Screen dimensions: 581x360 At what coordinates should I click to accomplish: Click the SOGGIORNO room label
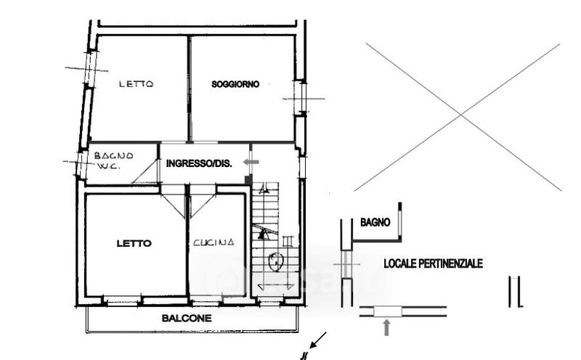coord(235,84)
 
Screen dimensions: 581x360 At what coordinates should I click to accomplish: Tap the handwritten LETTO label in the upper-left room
coord(136,84)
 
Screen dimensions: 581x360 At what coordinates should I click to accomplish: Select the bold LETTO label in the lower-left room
coord(134,243)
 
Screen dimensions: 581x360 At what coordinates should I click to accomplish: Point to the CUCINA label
coord(214,242)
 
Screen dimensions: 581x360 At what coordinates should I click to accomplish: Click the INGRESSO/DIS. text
coord(199,163)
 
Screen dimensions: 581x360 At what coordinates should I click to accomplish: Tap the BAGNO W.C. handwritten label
coord(113,160)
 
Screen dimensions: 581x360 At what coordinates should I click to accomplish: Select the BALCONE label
coord(187,318)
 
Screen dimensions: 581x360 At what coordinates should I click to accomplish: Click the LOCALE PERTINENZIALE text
coord(433,263)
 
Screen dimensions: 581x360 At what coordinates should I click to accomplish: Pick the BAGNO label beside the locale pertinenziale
coord(375,222)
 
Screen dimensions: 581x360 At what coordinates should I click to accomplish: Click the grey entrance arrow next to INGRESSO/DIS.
coord(251,162)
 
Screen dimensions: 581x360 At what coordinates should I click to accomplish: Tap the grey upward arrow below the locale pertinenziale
coord(386,328)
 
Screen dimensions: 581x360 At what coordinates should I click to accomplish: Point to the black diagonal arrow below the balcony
coord(318,340)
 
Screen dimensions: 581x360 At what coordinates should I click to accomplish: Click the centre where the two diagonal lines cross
coord(461,115)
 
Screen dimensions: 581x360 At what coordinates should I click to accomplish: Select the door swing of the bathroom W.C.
coord(145,171)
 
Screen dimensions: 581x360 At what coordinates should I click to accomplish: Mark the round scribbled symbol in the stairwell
coord(276,261)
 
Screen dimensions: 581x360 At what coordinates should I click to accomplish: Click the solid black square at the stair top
coord(248,179)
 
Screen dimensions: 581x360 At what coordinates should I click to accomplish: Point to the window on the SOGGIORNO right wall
coord(303,98)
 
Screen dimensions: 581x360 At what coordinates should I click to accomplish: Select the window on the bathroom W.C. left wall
coord(81,163)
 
